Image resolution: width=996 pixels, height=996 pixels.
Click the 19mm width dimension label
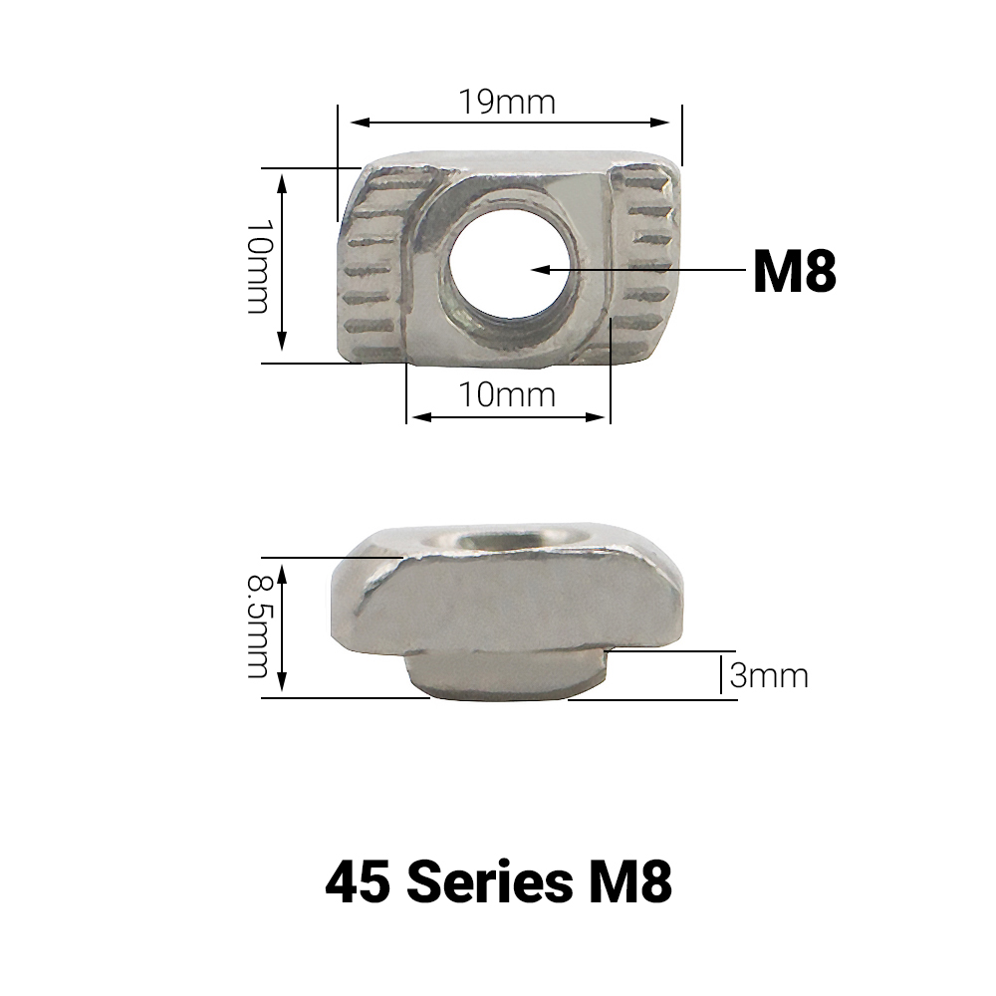click(507, 102)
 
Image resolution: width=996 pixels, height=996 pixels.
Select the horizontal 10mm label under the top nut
click(507, 394)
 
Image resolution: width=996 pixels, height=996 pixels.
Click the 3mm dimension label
click(769, 675)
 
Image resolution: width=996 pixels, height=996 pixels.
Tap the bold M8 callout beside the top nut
click(794, 271)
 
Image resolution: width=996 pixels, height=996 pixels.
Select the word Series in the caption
click(488, 881)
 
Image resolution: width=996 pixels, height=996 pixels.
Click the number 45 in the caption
click(357, 881)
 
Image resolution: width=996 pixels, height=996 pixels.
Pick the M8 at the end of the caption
click(629, 881)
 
